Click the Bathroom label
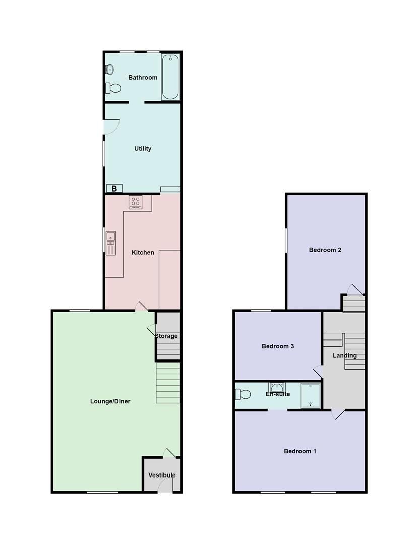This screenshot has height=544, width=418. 143,78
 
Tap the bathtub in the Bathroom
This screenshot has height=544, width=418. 170,78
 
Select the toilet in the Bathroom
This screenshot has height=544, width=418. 114,88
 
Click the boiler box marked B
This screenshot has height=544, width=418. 114,189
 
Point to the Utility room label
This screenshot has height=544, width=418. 143,149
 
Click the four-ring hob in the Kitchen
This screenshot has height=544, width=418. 136,202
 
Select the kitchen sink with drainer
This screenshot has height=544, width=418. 111,242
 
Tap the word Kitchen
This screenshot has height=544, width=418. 143,252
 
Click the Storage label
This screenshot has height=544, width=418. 166,336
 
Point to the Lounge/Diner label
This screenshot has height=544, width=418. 110,401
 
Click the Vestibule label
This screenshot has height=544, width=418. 162,475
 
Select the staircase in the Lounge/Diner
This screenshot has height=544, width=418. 168,383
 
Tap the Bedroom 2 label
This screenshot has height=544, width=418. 325,250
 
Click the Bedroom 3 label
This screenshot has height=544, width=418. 278,346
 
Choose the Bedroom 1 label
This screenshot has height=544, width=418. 300,451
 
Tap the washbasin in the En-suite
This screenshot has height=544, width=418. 277,387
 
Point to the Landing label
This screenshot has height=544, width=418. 345,355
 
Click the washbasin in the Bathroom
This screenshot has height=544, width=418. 109,70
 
